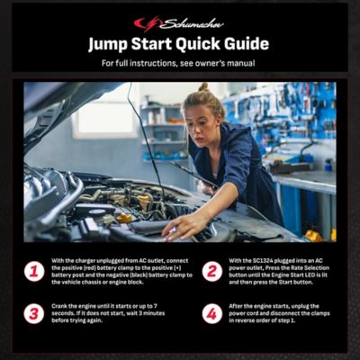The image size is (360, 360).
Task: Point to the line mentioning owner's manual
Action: tap(179, 64)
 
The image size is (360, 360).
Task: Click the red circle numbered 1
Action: tap(34, 271)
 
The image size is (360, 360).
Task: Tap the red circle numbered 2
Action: tap(211, 271)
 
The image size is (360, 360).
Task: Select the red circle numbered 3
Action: tap(34, 313)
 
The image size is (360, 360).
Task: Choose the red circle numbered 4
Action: tap(211, 313)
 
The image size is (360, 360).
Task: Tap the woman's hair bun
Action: tap(204, 87)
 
